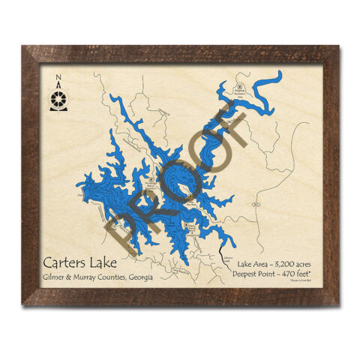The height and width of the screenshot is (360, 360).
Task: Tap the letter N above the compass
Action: pyautogui.click(x=59, y=77)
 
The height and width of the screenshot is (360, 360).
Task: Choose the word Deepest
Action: pyautogui.click(x=252, y=277)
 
